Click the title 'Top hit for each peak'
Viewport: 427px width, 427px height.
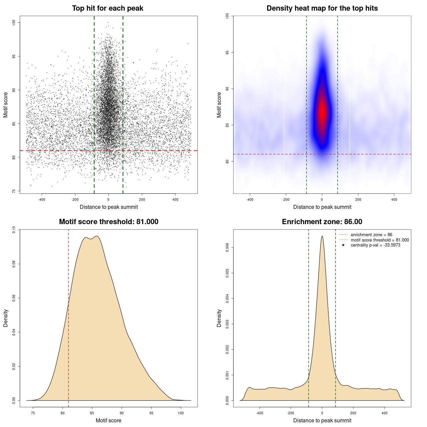coord(107,8)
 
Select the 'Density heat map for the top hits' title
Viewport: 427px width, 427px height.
coord(322,8)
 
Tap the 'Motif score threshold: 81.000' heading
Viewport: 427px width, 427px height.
coord(108,222)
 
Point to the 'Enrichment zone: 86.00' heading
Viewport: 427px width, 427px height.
coord(322,222)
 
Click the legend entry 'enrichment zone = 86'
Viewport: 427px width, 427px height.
coord(371,235)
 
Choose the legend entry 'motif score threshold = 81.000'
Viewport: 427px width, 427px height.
coord(380,240)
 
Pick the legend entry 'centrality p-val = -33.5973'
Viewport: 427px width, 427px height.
coord(375,245)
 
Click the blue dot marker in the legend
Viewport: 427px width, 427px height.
coord(343,245)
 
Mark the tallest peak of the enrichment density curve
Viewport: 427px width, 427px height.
coord(322,237)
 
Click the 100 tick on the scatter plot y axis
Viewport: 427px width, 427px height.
coord(14,22)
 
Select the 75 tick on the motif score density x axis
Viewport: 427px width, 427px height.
coord(33,413)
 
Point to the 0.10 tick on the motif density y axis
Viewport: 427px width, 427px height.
coord(14,230)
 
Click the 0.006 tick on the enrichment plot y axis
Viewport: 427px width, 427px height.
coord(227,248)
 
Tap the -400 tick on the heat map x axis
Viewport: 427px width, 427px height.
coord(250,199)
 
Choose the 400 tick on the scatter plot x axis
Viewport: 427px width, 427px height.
coord(175,199)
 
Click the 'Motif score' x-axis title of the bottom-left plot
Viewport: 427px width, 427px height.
coord(108,420)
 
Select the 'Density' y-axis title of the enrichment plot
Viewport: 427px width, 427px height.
coord(219,318)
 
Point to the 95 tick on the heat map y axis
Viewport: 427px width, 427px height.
coord(227,52)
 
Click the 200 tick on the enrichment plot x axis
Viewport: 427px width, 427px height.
coord(353,413)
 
